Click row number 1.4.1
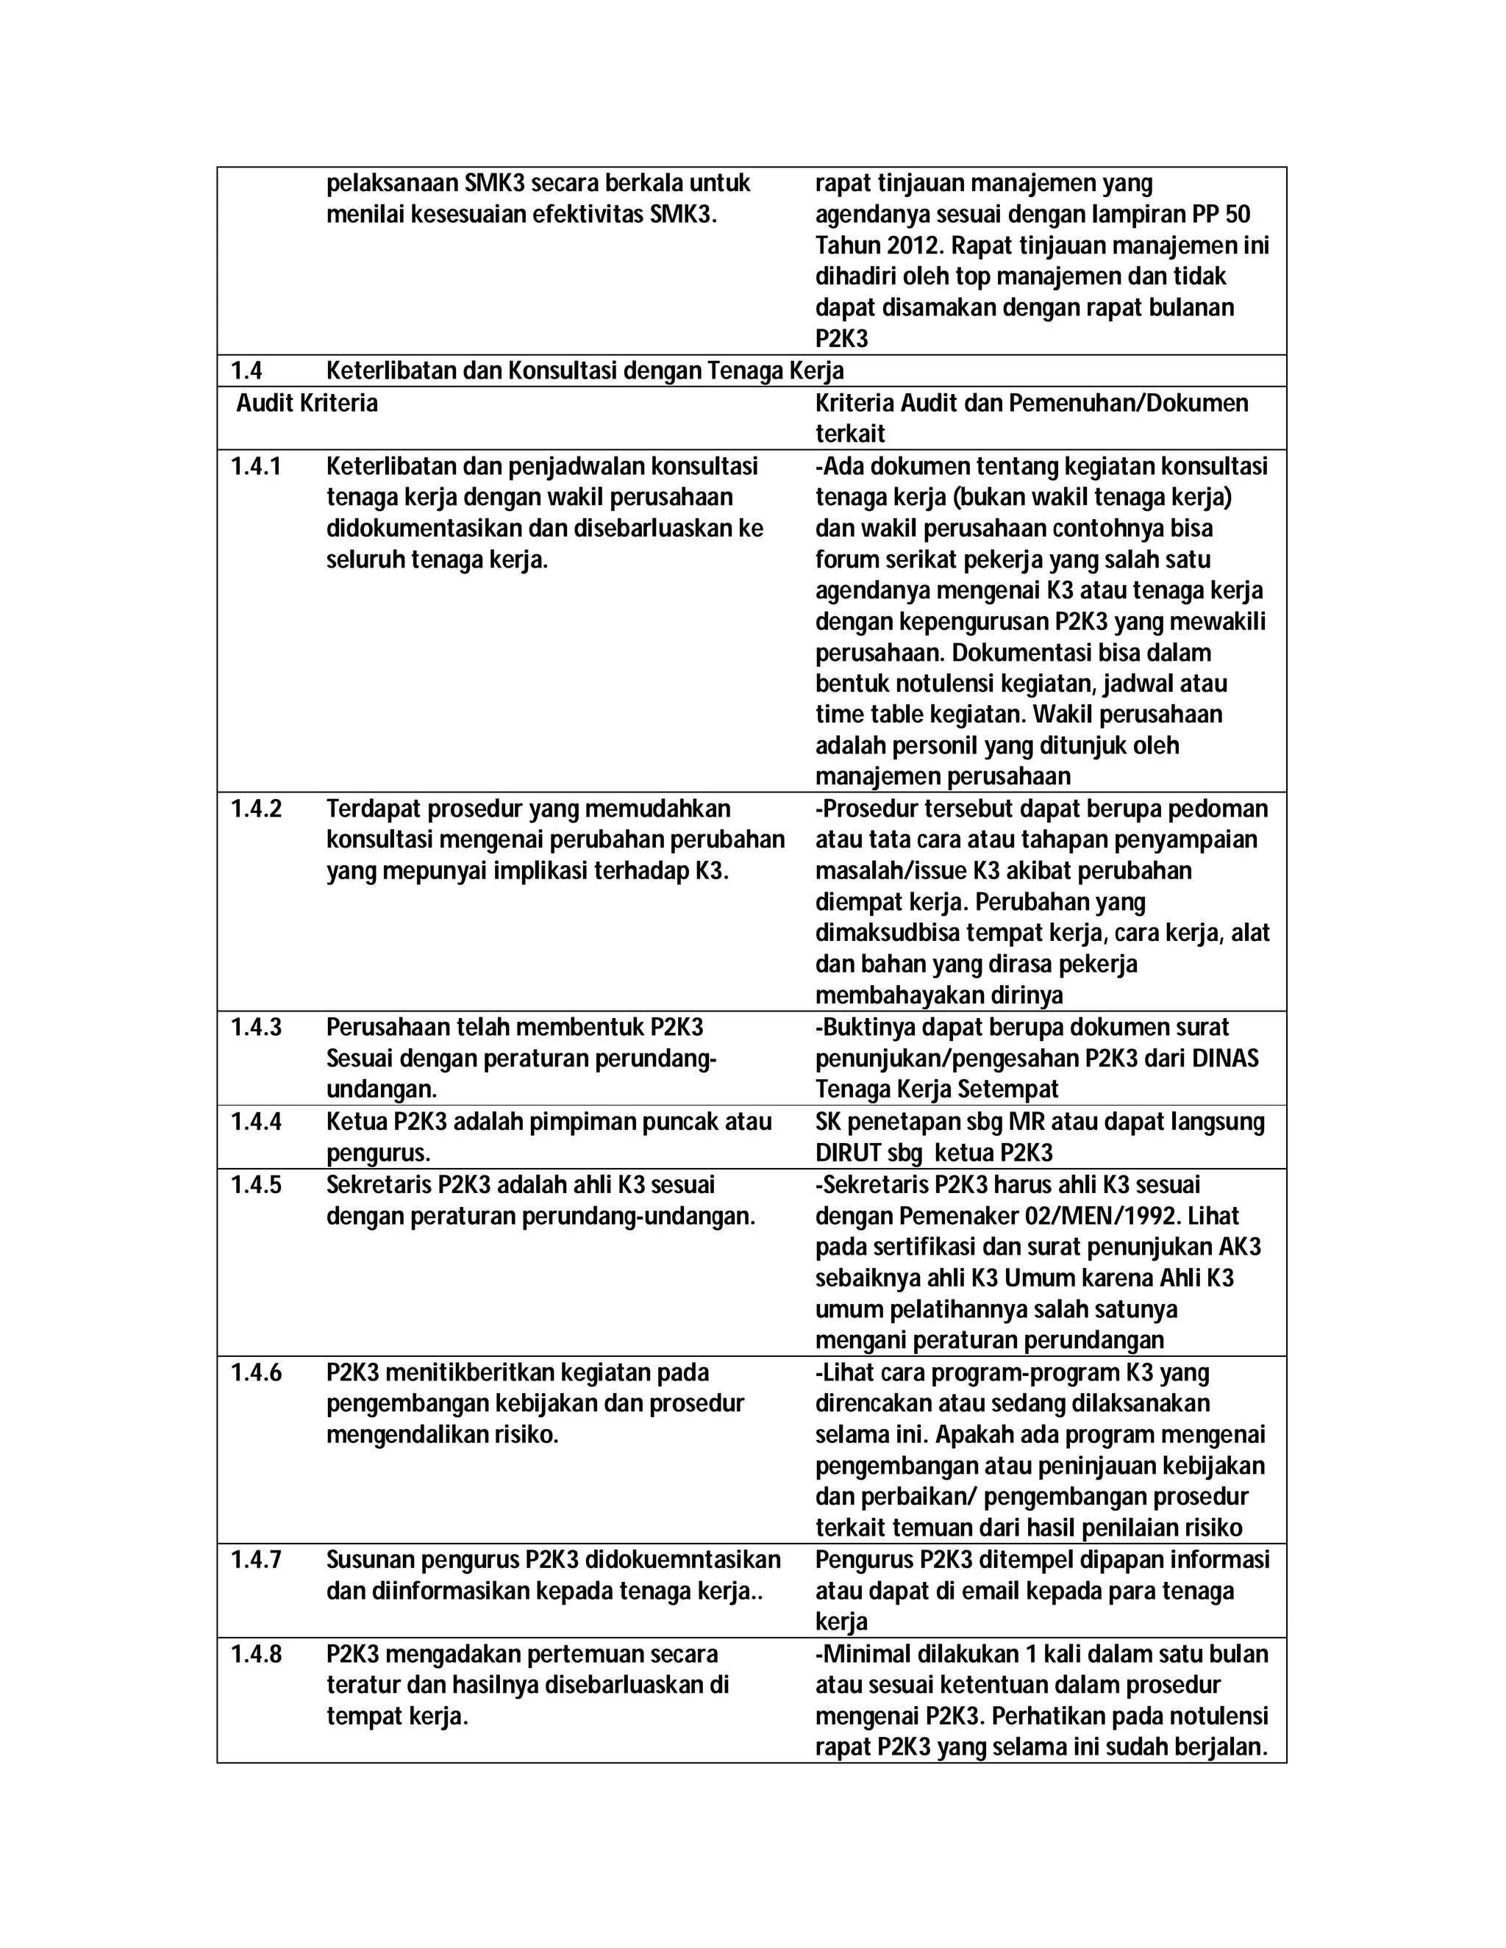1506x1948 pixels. point(255,467)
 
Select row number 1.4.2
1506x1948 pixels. point(255,809)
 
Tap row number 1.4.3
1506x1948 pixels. point(255,1028)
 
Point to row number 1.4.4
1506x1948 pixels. point(255,1122)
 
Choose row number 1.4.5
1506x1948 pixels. point(255,1186)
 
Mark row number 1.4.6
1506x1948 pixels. point(255,1372)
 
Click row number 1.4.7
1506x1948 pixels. point(255,1560)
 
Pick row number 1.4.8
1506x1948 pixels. point(255,1655)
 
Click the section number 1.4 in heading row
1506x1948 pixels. point(246,371)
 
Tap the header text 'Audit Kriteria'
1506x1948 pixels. point(307,403)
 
